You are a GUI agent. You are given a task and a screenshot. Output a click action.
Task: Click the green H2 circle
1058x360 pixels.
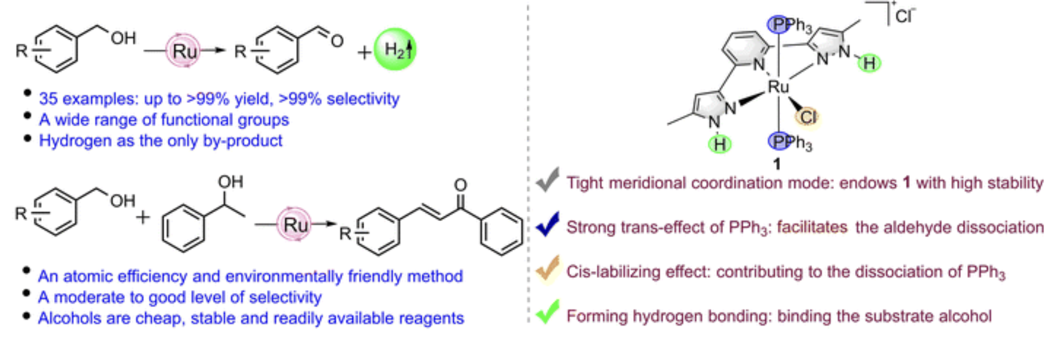coord(394,50)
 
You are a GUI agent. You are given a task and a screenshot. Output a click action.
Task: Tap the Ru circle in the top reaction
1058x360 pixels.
coord(184,51)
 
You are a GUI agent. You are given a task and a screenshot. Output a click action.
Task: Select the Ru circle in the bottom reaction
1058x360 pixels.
coord(294,224)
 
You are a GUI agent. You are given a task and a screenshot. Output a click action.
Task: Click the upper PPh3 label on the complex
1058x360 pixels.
coord(789,25)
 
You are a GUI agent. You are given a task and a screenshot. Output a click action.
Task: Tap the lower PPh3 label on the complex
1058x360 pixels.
coord(789,141)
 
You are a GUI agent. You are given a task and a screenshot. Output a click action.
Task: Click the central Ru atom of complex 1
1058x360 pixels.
coord(778,87)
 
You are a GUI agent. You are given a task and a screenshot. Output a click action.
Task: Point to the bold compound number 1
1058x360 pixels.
coord(777,164)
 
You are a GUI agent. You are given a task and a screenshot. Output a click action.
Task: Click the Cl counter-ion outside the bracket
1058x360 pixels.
coord(904,16)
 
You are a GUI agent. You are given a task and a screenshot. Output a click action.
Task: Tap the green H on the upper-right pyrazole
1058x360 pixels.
coord(870,63)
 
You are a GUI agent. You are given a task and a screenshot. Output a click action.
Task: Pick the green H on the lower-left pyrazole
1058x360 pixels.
coord(719,144)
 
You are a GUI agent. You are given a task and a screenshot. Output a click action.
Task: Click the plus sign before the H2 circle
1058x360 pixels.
coord(364,52)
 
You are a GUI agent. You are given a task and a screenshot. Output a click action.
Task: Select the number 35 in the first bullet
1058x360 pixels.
coord(48,99)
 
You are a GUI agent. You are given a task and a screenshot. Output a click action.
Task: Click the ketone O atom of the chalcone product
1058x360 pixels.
coord(460,185)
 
